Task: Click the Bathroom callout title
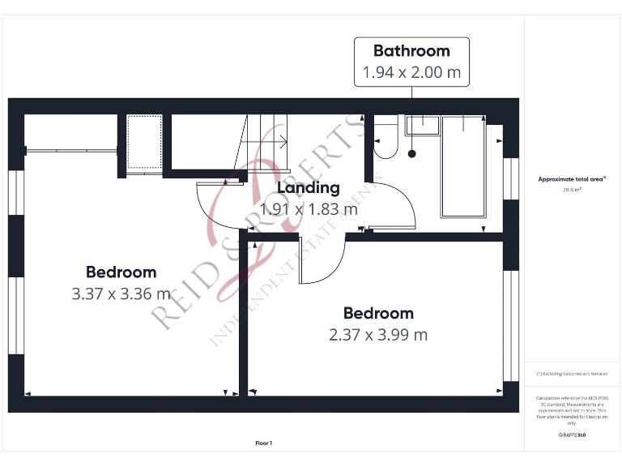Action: click(411, 50)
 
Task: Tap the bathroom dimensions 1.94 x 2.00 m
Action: click(411, 72)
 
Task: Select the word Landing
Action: click(308, 188)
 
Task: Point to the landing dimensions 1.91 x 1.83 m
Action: click(308, 208)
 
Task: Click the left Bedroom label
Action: click(121, 272)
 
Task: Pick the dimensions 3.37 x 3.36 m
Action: click(121, 293)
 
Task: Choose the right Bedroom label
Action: click(378, 313)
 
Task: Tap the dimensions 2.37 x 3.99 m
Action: click(378, 334)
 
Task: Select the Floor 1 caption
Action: click(264, 443)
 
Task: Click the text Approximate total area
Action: click(571, 180)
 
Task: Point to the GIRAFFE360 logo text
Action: click(572, 435)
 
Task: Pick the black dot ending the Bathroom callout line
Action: click(411, 152)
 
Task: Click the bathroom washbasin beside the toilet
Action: click(421, 124)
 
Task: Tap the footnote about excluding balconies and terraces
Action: click(572, 374)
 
